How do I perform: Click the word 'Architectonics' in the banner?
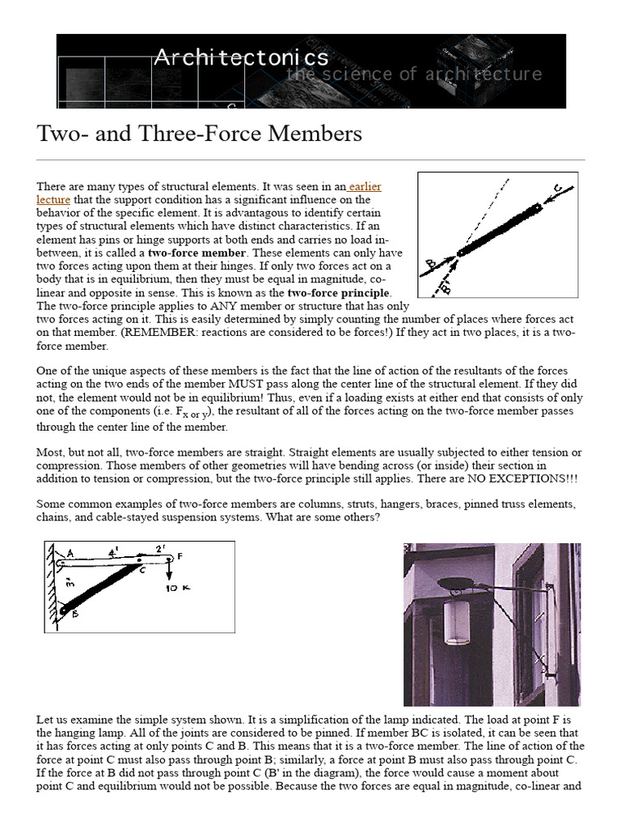point(241,57)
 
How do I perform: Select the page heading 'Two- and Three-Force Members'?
point(199,134)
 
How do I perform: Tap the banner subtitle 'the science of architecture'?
point(414,74)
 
